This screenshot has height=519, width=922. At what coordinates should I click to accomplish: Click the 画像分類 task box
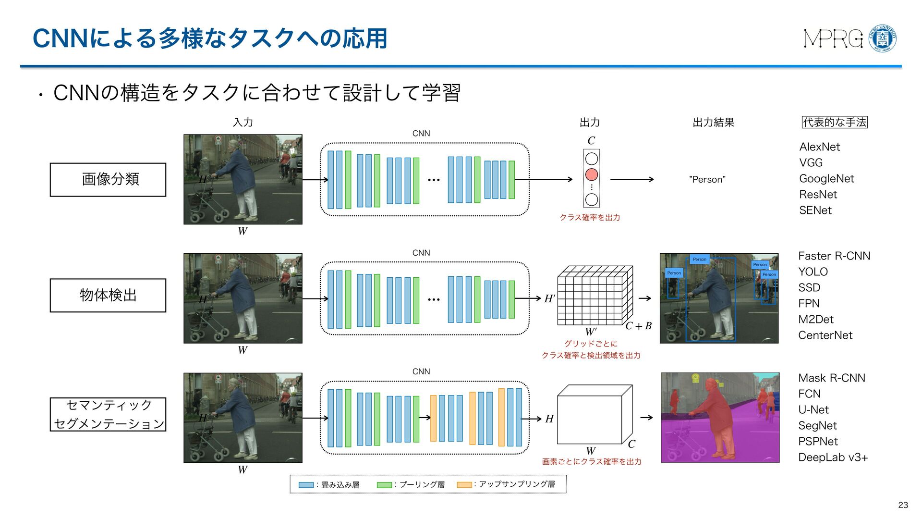(x=108, y=180)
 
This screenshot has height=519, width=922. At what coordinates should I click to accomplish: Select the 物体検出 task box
(x=108, y=296)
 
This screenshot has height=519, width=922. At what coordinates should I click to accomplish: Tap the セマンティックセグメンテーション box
(x=108, y=414)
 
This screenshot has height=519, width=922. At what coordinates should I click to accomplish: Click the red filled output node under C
(x=592, y=174)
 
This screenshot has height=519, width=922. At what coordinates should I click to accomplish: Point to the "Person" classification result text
(x=707, y=180)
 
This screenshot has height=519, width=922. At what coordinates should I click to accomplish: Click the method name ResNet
(x=818, y=195)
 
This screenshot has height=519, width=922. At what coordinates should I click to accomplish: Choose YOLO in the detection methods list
(x=813, y=272)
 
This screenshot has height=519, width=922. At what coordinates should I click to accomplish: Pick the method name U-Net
(x=813, y=410)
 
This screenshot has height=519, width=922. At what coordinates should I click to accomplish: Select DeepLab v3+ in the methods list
(x=833, y=457)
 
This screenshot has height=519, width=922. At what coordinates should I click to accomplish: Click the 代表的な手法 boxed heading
(x=835, y=123)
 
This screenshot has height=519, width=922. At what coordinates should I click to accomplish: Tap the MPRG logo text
(x=833, y=38)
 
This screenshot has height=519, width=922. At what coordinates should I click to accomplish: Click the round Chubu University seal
(x=883, y=38)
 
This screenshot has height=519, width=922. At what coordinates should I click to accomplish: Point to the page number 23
(x=903, y=505)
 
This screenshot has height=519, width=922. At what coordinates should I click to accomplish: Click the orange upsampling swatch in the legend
(x=464, y=485)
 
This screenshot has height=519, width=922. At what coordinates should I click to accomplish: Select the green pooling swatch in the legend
(x=384, y=485)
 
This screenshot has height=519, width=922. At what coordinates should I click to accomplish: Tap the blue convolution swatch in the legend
(x=306, y=485)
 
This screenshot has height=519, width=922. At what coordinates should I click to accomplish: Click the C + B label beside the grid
(x=638, y=326)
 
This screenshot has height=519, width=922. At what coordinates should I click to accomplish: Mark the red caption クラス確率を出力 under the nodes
(x=590, y=218)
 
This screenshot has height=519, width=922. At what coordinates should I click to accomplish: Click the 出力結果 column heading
(x=713, y=123)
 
